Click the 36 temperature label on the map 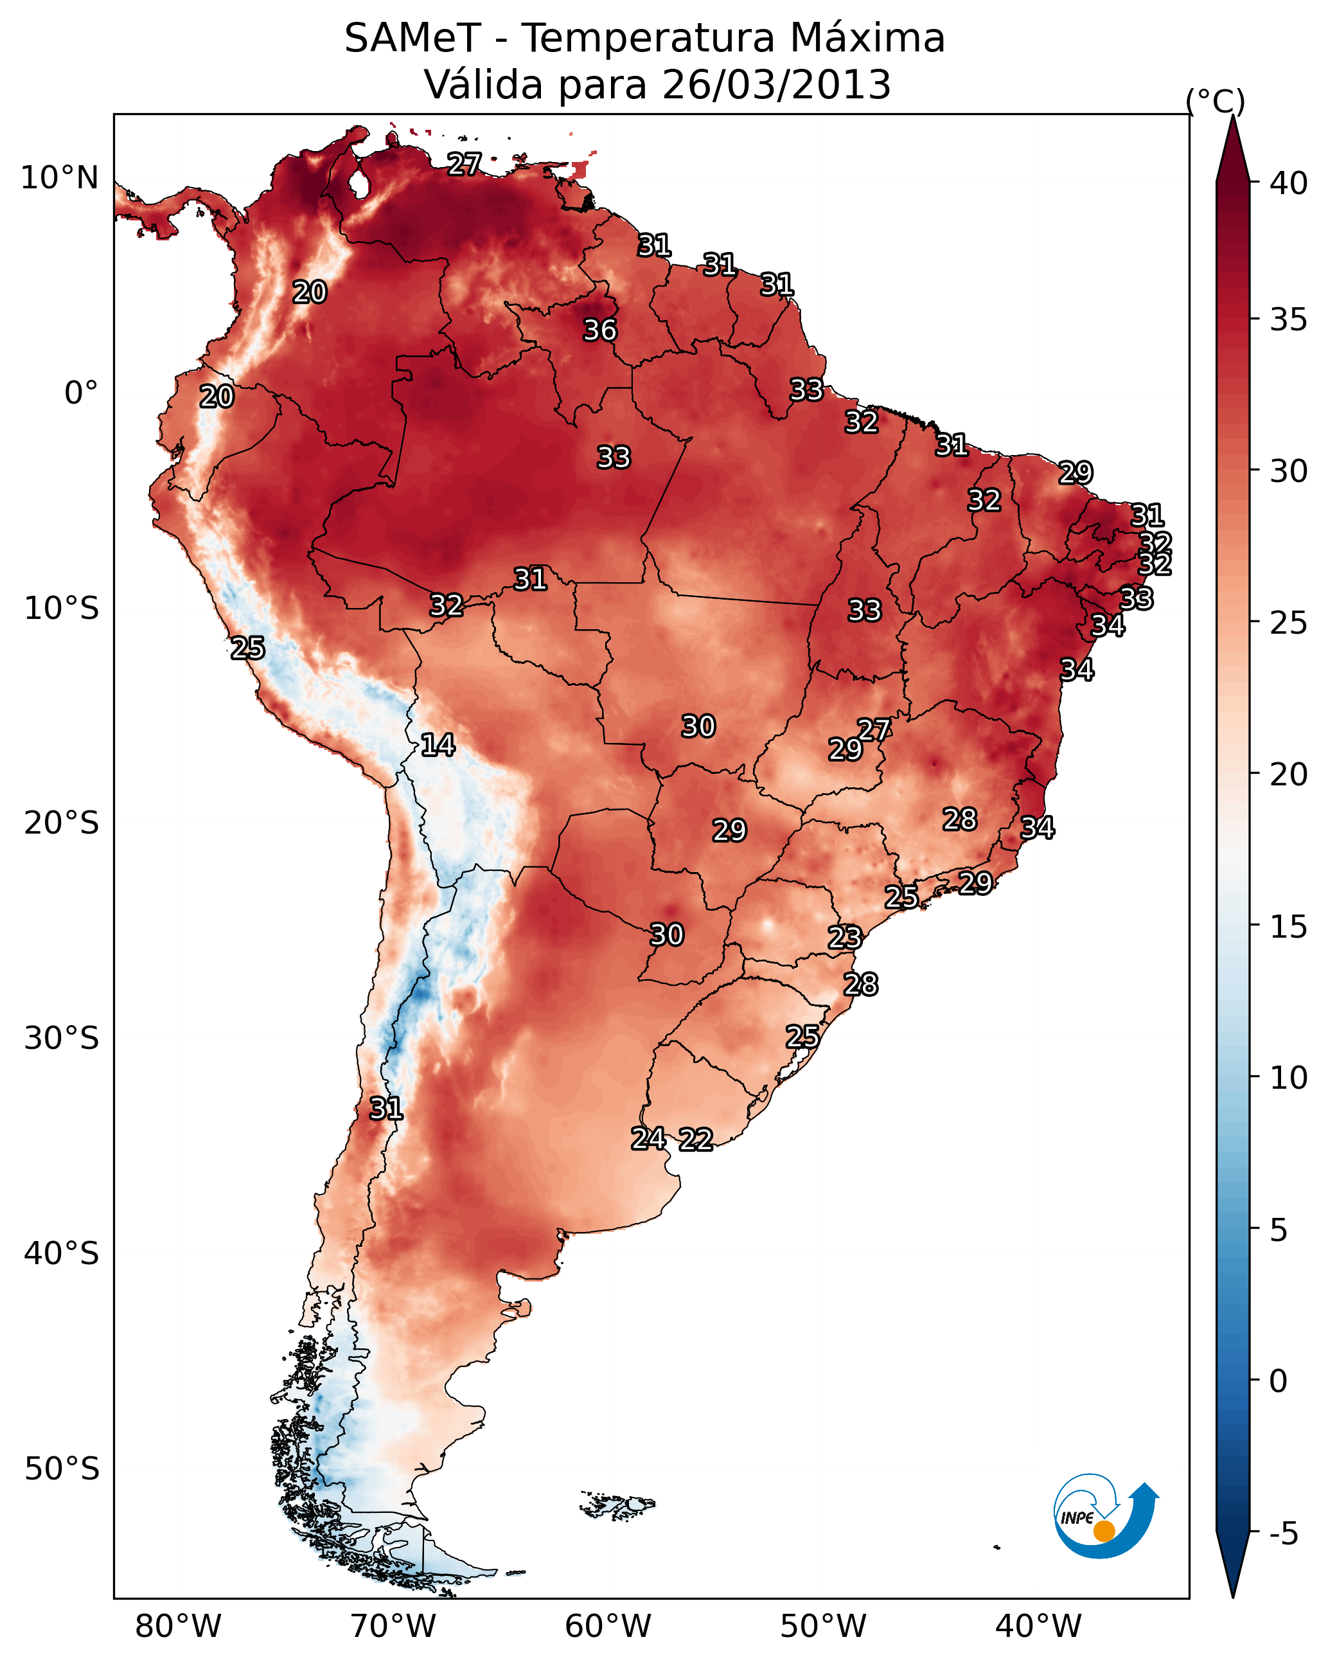click(599, 330)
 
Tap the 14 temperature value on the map click(438, 745)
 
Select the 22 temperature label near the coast click(696, 1139)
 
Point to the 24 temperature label click(649, 1138)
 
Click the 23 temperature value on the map click(845, 938)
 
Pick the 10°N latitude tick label click(59, 178)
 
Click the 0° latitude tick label click(82, 393)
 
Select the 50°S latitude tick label click(62, 1469)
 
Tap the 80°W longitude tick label click(178, 1627)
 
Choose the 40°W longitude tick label click(1038, 1627)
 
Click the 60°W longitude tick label click(608, 1627)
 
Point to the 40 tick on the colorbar click(1289, 183)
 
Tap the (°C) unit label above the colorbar click(1216, 102)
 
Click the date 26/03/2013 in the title click(776, 85)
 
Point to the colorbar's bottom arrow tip click(1232, 1597)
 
